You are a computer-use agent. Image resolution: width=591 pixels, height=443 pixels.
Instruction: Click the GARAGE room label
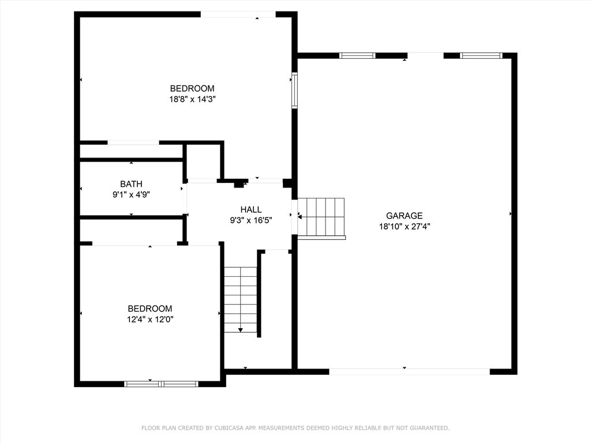tap(404, 216)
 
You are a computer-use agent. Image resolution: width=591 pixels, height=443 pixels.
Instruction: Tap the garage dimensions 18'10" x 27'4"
tap(404, 227)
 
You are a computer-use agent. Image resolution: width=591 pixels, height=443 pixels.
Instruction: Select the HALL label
tap(250, 209)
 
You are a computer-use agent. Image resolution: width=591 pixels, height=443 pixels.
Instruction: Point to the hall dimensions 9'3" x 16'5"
tap(250, 220)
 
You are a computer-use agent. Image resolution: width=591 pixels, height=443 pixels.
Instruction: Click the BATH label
tap(131, 184)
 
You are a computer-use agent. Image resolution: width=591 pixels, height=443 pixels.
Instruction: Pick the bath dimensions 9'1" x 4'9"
tap(131, 195)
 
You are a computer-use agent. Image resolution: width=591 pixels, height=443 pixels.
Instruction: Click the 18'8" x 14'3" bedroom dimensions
tap(192, 99)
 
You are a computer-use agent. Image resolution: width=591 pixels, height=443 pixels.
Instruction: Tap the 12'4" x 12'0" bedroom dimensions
tap(150, 319)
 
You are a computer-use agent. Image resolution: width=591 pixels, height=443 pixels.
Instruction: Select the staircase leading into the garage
tap(321, 217)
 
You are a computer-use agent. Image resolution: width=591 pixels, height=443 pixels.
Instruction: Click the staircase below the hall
tap(241, 299)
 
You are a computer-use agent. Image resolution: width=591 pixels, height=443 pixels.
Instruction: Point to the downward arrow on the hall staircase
tap(241, 329)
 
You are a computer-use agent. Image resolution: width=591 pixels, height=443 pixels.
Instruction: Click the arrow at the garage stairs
tap(300, 216)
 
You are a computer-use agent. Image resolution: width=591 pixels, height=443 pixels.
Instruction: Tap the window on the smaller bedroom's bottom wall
tap(161, 384)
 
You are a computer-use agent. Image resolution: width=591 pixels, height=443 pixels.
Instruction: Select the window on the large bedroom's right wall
tap(294, 90)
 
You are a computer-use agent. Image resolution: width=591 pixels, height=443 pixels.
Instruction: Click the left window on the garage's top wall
tap(357, 56)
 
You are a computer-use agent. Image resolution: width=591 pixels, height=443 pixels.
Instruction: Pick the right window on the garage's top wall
tap(481, 56)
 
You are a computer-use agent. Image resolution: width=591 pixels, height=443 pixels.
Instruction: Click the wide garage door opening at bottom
tap(409, 371)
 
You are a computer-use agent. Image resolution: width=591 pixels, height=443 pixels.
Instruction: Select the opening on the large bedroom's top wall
tap(238, 14)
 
